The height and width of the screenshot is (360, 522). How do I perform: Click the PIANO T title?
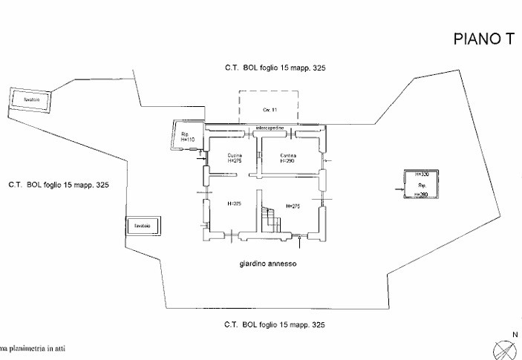(x=483, y=40)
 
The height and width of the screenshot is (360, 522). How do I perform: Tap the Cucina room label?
(x=235, y=155)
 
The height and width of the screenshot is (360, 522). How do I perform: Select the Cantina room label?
(x=288, y=155)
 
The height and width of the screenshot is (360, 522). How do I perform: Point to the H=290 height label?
(x=288, y=161)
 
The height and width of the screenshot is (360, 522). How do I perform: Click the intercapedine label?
(x=269, y=128)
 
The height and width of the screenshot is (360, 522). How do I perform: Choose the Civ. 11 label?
(x=268, y=110)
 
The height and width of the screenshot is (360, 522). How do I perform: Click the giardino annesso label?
(x=268, y=264)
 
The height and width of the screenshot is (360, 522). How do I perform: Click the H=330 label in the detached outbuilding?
(x=422, y=174)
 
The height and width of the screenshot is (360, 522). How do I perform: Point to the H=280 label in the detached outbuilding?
(x=422, y=194)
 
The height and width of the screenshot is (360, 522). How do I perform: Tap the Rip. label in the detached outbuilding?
(x=421, y=184)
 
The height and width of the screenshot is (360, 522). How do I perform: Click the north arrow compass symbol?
(x=503, y=348)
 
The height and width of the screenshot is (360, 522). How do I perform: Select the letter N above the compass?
(x=505, y=335)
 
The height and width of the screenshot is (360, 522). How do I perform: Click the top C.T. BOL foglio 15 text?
(x=275, y=68)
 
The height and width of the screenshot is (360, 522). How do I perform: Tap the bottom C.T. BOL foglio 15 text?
(x=275, y=325)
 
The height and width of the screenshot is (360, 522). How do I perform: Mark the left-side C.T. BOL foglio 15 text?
(x=59, y=184)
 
